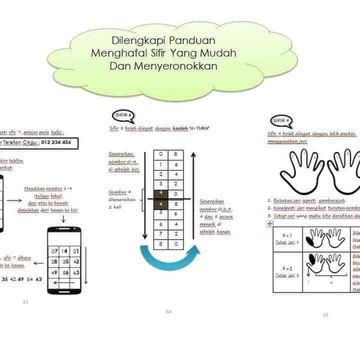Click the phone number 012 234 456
(x=55, y=143)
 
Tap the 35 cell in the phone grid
(x=65, y=261)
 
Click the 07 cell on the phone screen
(x=54, y=251)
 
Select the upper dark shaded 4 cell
(x=161, y=194)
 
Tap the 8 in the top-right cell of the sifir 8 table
(x=175, y=154)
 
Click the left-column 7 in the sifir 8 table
(x=161, y=234)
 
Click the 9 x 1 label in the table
(x=287, y=235)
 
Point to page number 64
(x=169, y=311)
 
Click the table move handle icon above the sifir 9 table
(x=270, y=224)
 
